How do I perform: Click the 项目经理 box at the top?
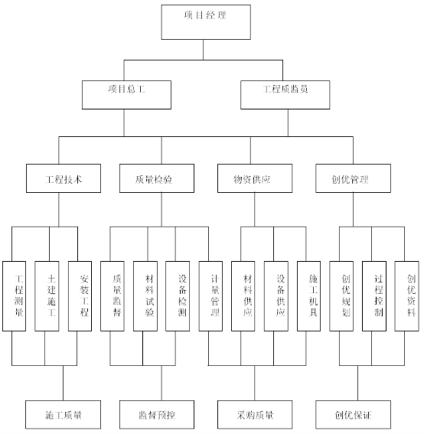(206, 22)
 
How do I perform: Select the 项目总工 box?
(126, 95)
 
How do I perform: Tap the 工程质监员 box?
(285, 95)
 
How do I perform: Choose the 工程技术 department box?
(64, 178)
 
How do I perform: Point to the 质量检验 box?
(157, 178)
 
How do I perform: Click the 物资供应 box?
(255, 178)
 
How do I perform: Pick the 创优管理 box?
(353, 178)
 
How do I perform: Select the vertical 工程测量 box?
(14, 296)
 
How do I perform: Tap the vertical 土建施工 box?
(47, 296)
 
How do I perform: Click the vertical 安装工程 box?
(80, 296)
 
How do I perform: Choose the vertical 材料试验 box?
(145, 296)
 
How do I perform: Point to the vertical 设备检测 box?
(178, 296)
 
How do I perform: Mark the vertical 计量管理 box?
(210, 296)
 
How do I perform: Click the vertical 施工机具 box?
(309, 296)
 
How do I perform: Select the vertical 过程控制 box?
(374, 296)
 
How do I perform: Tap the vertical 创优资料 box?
(406, 296)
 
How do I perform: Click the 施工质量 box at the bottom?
(63, 415)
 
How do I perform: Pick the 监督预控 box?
(157, 415)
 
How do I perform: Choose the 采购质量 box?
(255, 415)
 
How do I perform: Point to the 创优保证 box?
(353, 415)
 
